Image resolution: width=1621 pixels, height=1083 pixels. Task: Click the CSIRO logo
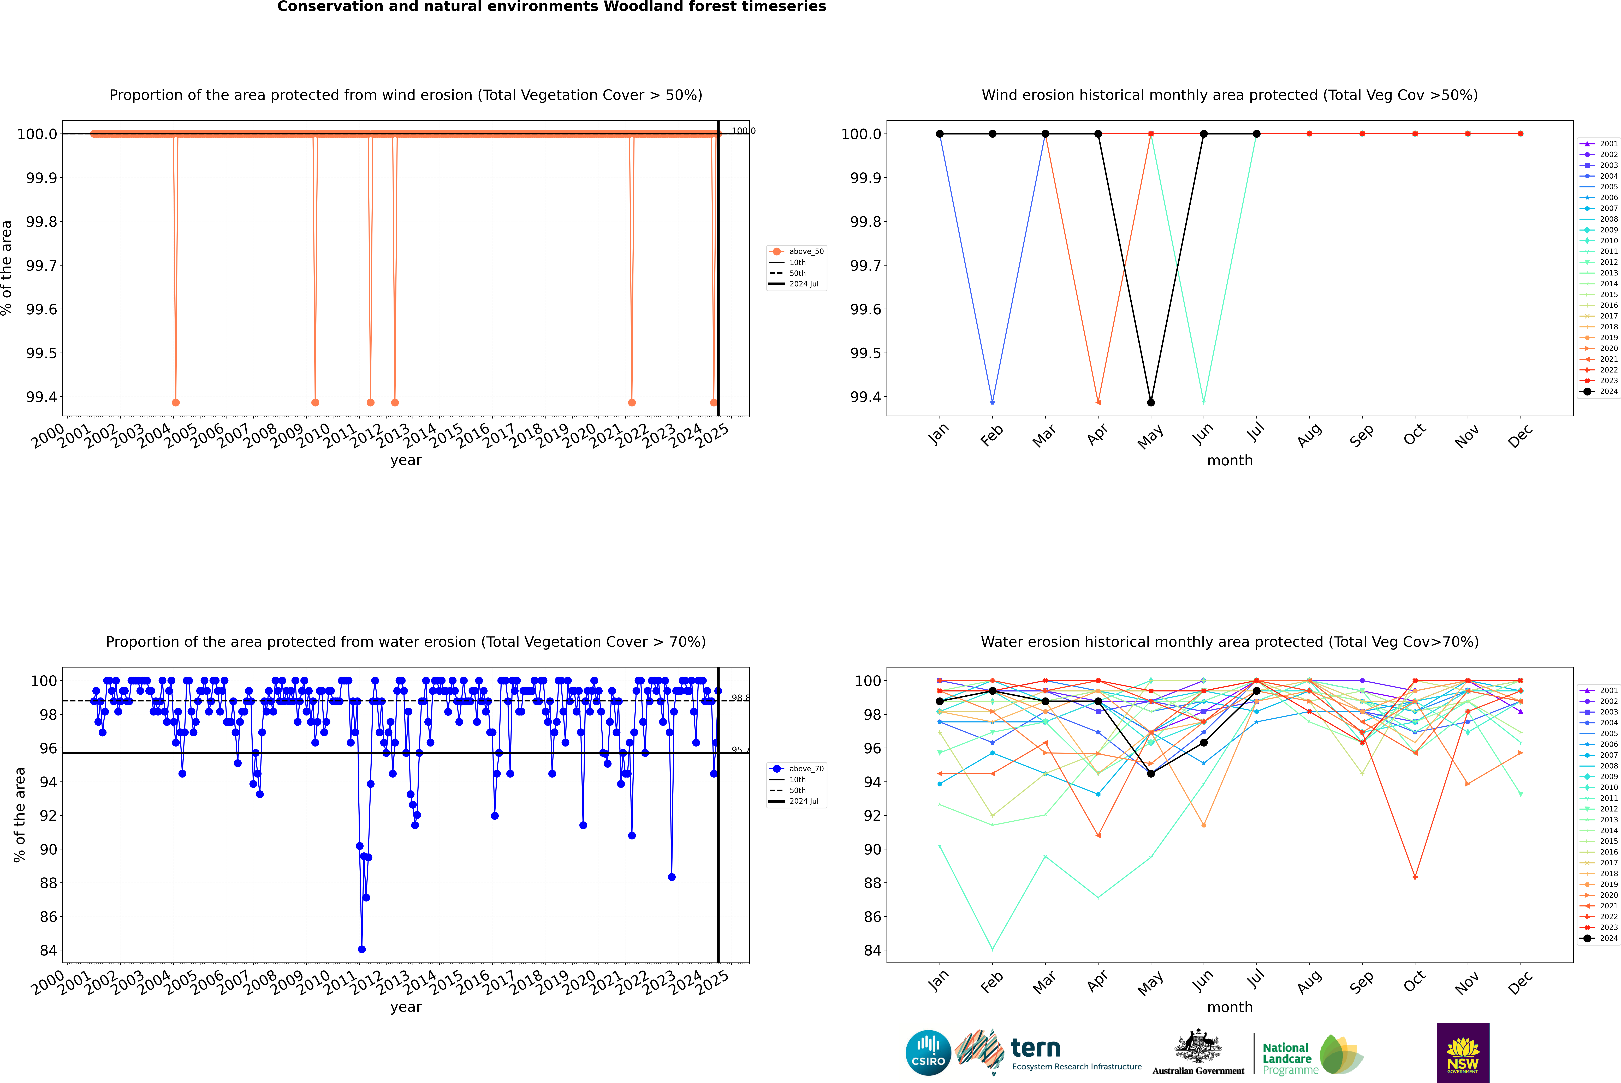click(928, 1053)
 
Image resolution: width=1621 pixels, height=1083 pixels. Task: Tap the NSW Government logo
click(1463, 1053)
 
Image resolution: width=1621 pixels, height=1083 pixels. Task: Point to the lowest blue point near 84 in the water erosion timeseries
click(362, 950)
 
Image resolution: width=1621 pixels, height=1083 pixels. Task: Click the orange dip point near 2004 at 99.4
click(175, 403)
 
